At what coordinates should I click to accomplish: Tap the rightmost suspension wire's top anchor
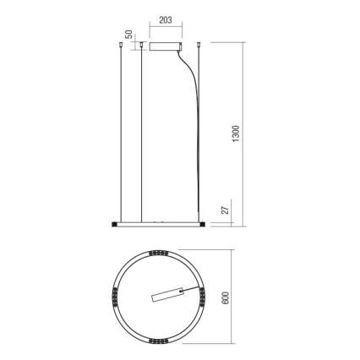200,47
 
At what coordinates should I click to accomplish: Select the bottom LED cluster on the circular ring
161,339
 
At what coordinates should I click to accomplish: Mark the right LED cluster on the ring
203,295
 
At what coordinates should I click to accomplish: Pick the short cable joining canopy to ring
194,293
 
